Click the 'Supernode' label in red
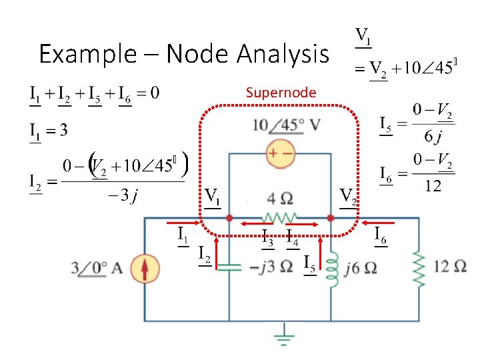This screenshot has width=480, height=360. pyautogui.click(x=281, y=92)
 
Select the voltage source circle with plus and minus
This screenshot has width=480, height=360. pyautogui.click(x=280, y=153)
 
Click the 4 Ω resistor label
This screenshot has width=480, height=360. pyautogui.click(x=280, y=198)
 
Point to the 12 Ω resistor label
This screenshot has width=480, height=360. pyautogui.click(x=450, y=267)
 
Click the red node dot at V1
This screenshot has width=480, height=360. pyautogui.click(x=229, y=218)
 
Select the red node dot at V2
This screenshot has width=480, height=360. pyautogui.click(x=331, y=218)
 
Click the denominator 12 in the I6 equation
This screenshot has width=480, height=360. pyautogui.click(x=433, y=186)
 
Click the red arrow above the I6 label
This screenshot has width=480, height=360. pyautogui.click(x=379, y=222)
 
